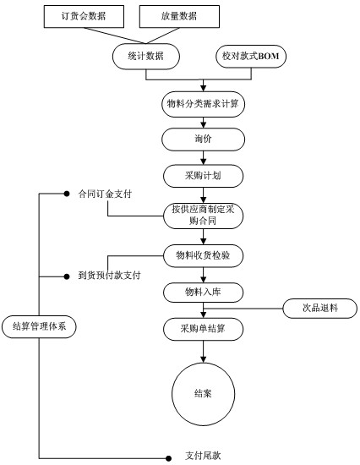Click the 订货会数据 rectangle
[84, 17]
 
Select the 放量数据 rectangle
[179, 17]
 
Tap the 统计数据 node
[146, 57]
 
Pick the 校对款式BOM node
[251, 57]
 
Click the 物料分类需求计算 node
[203, 104]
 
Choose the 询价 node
[203, 139]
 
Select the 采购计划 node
[203, 176]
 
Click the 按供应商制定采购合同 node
[203, 216]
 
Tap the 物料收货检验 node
[203, 255]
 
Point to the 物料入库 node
[203, 293]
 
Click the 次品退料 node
[320, 309]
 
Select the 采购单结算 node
[203, 329]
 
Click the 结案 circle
[203, 394]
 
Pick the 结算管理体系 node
[39, 327]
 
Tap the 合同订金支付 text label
[105, 194]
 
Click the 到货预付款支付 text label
[109, 276]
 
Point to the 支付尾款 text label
[203, 456]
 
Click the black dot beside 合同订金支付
[67, 194]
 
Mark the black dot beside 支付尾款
[168, 458]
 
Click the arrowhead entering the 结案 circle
[203, 359]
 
